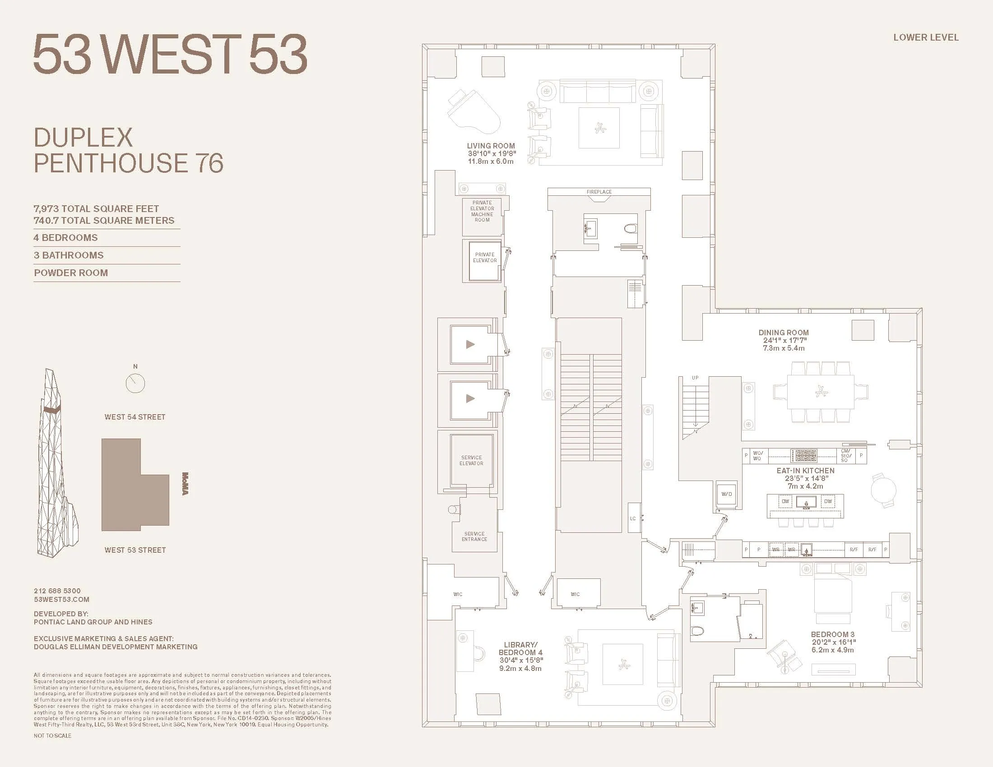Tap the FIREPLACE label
point(599,192)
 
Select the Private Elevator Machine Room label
point(482,211)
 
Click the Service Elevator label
point(471,460)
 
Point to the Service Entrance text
point(474,536)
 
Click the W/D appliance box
point(727,494)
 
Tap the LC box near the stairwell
point(633,518)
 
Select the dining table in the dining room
point(820,392)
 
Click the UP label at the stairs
point(695,378)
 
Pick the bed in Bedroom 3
point(832,593)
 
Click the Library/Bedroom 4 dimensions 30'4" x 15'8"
point(520,660)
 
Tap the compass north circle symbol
point(135,383)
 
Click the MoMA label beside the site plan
point(185,484)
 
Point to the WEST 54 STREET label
point(135,417)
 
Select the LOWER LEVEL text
point(926,37)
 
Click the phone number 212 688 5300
point(57,591)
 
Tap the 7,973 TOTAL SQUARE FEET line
point(96,208)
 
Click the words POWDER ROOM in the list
point(71,273)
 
